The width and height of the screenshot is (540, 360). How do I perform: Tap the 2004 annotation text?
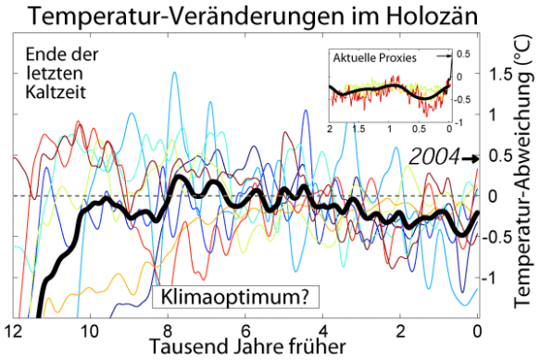click(435, 158)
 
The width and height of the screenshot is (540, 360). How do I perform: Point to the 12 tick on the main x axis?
click(12, 330)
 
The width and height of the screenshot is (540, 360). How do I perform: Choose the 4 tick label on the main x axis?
click(322, 330)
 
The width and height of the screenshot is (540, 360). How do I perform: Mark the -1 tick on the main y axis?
click(500, 278)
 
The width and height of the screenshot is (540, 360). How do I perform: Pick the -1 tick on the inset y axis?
click(459, 120)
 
